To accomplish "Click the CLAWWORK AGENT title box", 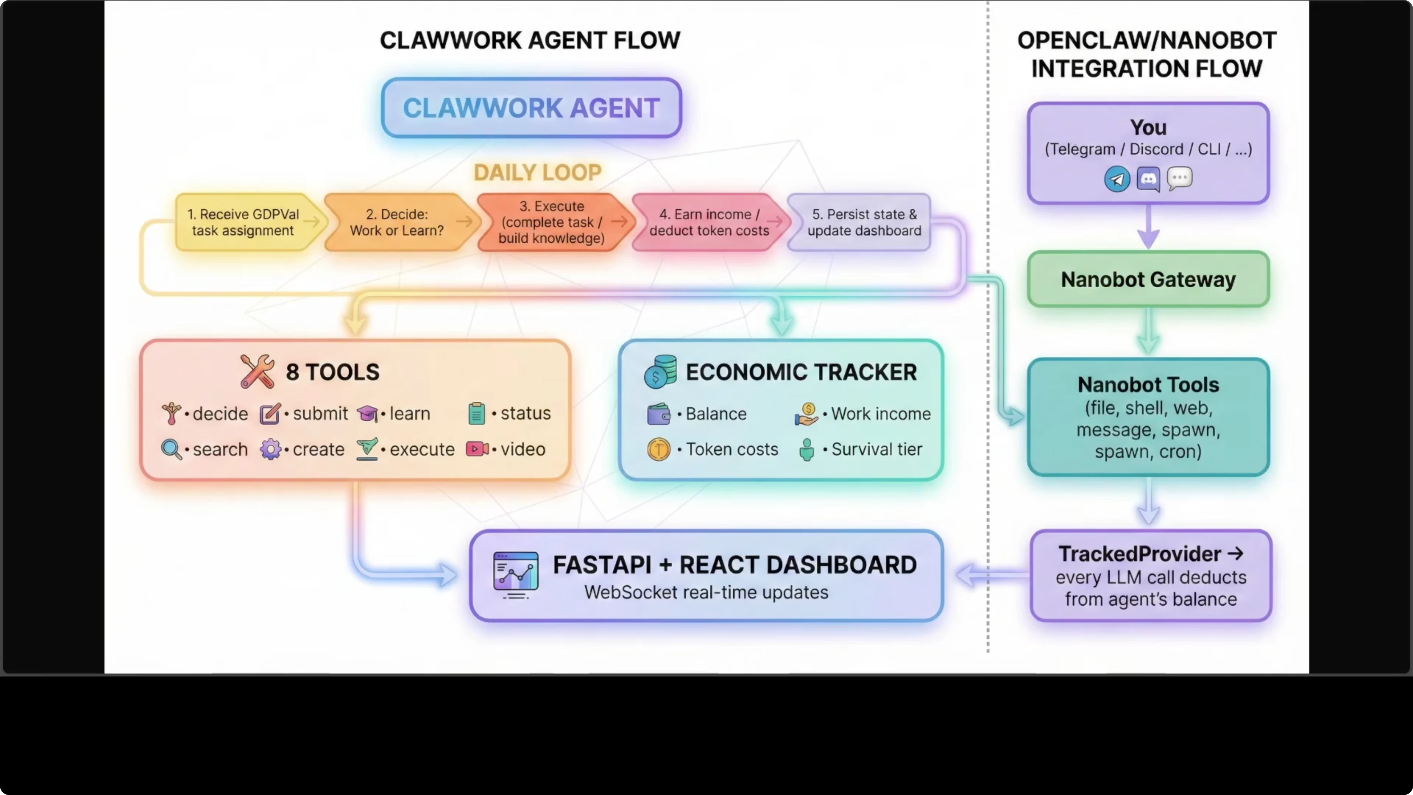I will (x=531, y=108).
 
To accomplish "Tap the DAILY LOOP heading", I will (x=538, y=173).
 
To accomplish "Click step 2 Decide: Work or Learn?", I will (x=397, y=222).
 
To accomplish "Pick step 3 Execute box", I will (x=551, y=222).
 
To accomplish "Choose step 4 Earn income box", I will (x=709, y=222).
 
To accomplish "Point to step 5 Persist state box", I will (x=864, y=222).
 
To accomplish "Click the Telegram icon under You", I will (x=1117, y=179).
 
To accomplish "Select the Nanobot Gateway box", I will (x=1148, y=279).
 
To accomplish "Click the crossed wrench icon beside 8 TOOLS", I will (x=257, y=371).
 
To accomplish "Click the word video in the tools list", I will (x=523, y=449).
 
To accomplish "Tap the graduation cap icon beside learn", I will (x=367, y=414).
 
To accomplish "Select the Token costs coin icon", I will (x=658, y=449).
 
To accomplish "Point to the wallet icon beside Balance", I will (x=658, y=414).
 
